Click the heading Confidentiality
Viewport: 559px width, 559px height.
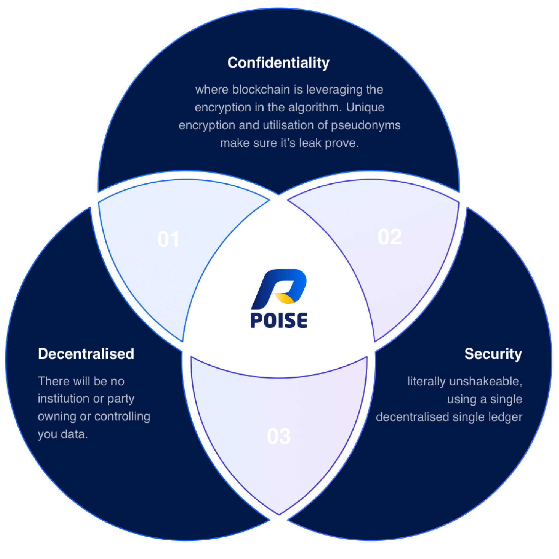[278, 63]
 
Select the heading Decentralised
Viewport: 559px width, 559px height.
[86, 354]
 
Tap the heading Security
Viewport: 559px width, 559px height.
[493, 354]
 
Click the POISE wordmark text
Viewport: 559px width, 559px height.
[279, 320]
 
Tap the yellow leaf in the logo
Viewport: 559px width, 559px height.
[285, 298]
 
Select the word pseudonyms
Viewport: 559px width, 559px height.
[366, 125]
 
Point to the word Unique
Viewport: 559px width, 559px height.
[365, 107]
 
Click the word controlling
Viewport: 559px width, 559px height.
[122, 417]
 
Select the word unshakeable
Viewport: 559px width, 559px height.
[486, 381]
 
